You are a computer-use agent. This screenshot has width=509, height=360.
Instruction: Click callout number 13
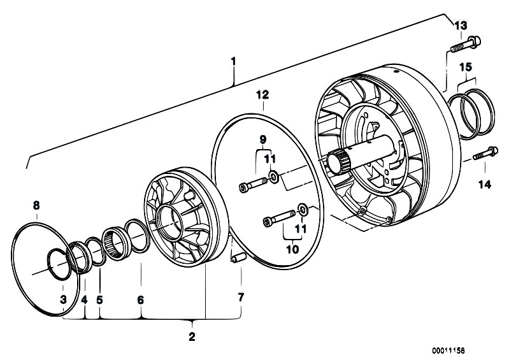coord(461,25)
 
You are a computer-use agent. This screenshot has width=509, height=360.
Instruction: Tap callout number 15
coord(466,68)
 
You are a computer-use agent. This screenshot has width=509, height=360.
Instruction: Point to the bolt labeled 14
coord(485,153)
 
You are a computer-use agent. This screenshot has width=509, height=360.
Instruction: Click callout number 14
coord(485,185)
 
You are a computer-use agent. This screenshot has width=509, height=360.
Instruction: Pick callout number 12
coord(262,95)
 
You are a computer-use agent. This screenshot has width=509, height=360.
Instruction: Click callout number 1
coord(233,61)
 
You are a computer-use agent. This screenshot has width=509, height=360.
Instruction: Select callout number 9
coord(262,140)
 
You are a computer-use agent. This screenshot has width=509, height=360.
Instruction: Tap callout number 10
coord(292,250)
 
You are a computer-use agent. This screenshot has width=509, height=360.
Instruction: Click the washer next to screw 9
coord(275,176)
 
